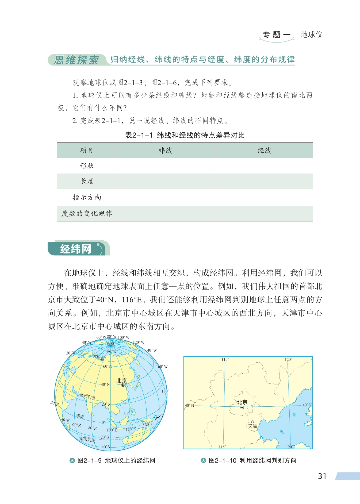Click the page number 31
click(x=322, y=476)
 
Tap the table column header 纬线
click(x=165, y=151)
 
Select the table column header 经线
click(x=264, y=151)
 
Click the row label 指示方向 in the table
click(x=87, y=197)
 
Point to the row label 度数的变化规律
click(x=87, y=213)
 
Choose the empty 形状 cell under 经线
click(x=263, y=166)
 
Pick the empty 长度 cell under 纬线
click(x=164, y=181)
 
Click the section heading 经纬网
click(x=76, y=249)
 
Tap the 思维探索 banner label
click(x=76, y=60)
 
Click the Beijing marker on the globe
click(x=123, y=385)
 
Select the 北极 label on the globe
click(x=111, y=344)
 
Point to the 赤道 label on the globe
click(x=80, y=416)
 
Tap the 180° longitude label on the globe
click(x=165, y=391)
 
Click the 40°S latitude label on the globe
click(x=106, y=447)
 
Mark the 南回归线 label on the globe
click(x=87, y=439)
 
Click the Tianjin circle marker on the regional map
click(x=252, y=422)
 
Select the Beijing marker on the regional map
click(x=242, y=408)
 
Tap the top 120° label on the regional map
click(x=288, y=360)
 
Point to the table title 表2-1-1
click(x=139, y=135)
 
